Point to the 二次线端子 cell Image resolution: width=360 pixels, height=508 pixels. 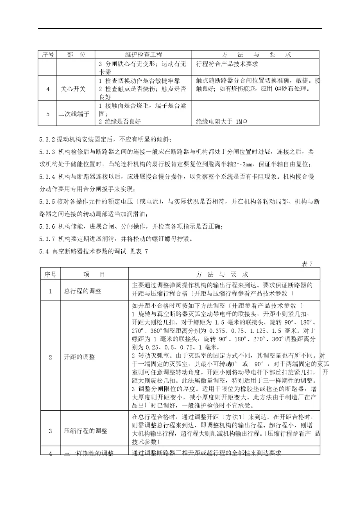coord(73,114)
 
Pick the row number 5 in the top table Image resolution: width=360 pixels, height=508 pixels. coord(48,114)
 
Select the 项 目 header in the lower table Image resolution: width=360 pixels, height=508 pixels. coord(95,274)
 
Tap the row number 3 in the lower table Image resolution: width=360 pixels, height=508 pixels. coord(50,430)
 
